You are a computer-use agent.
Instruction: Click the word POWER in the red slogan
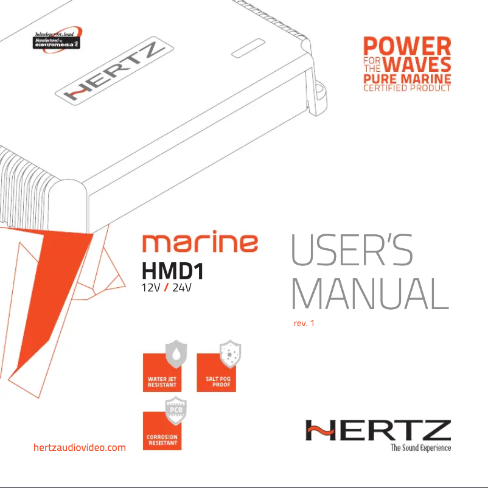(407, 46)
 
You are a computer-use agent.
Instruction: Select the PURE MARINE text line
(407, 79)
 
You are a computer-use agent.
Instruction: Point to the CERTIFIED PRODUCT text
(407, 89)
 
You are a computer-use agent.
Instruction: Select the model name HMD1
(172, 269)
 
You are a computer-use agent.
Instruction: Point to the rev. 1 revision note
(304, 322)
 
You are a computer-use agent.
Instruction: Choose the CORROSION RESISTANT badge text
(162, 440)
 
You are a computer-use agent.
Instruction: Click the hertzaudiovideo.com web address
(78, 448)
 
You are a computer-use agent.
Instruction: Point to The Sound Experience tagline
(420, 448)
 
